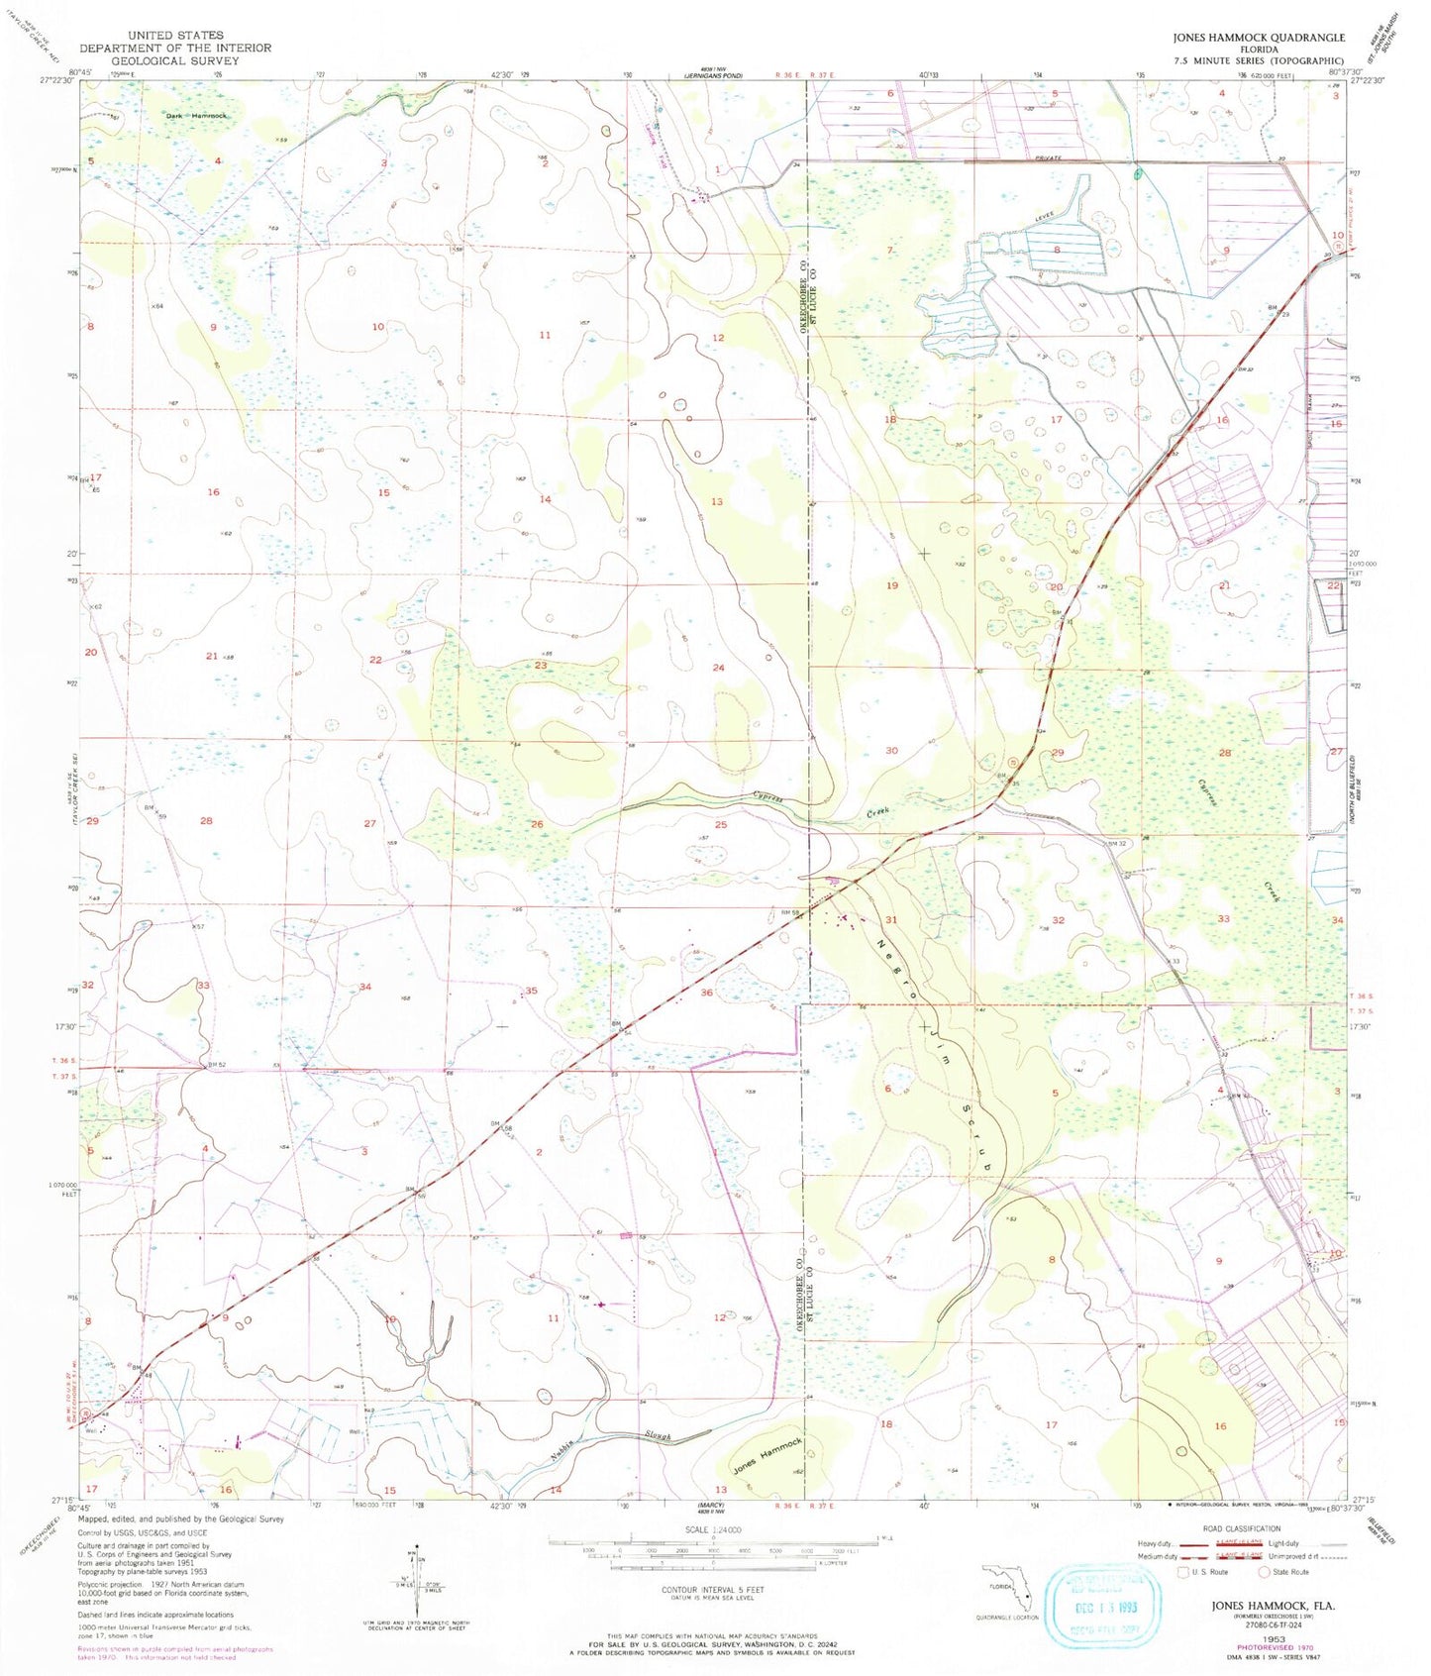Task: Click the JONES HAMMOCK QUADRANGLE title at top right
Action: point(1259,37)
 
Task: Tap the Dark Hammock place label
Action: point(195,116)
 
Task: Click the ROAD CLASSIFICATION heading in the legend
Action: point(1242,1529)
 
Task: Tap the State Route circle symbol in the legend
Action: point(1265,1571)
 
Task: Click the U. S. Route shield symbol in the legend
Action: point(1182,1571)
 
